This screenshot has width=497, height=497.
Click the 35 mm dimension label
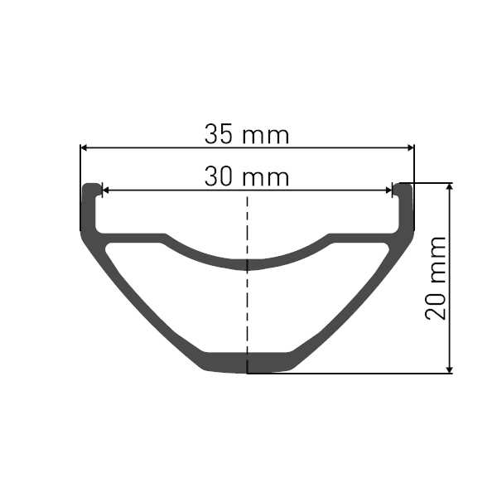point(247,134)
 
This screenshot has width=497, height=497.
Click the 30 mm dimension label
point(247,176)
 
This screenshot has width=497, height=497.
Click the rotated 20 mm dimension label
point(436,277)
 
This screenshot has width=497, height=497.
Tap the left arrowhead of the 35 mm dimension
point(84,147)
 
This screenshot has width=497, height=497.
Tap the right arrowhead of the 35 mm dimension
point(411,147)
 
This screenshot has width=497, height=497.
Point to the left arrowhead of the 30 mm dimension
point(105,191)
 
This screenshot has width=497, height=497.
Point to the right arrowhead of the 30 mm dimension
point(388,191)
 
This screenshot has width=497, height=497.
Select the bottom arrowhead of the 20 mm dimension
point(449,370)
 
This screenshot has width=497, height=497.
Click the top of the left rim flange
point(92,186)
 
